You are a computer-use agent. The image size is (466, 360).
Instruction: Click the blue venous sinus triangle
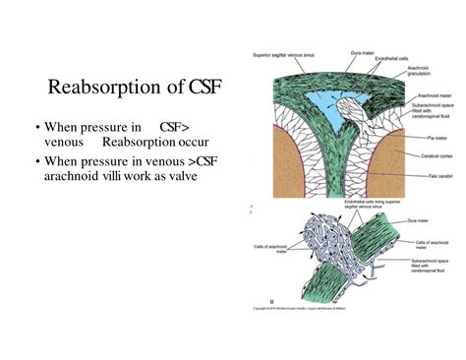pos(315,106)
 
